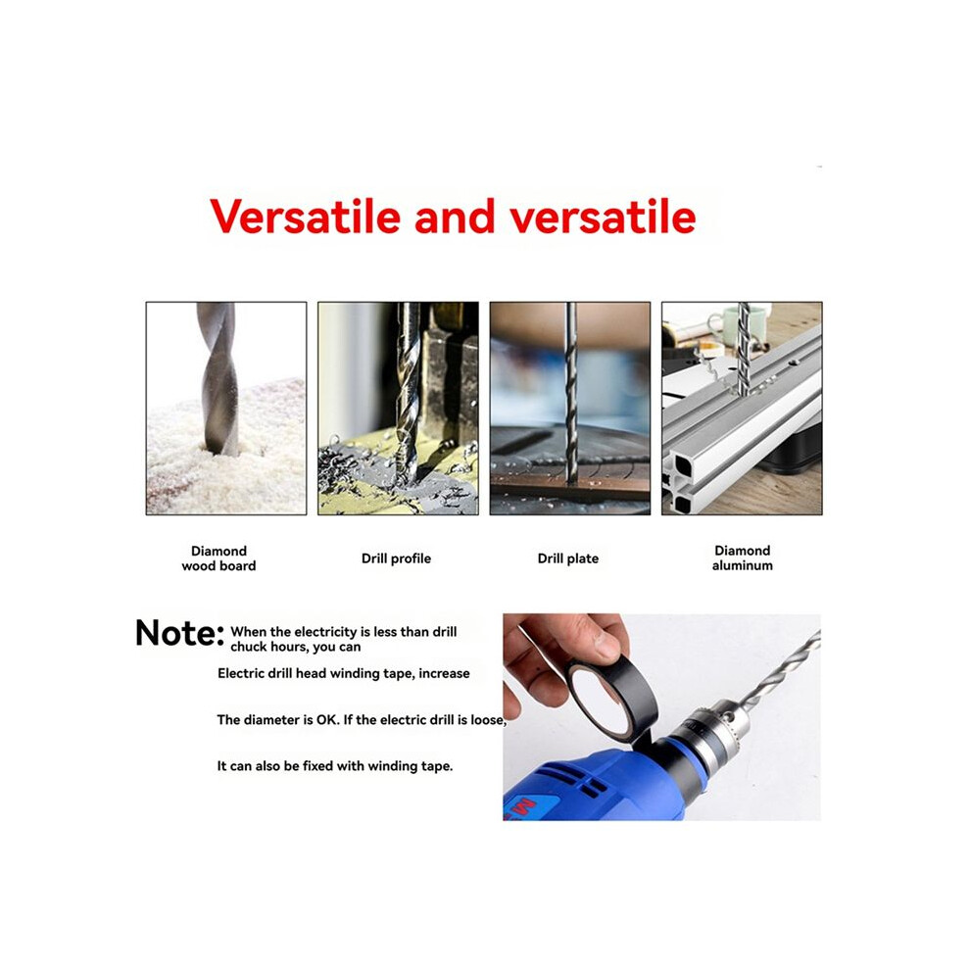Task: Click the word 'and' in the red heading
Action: pyautogui.click(x=455, y=218)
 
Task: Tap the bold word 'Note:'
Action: pyautogui.click(x=179, y=633)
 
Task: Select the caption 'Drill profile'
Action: pyautogui.click(x=396, y=558)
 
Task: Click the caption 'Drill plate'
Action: pyautogui.click(x=568, y=558)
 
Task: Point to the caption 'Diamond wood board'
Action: pyautogui.click(x=218, y=558)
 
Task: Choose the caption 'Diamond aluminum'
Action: pyautogui.click(x=743, y=558)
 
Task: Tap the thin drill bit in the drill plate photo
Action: pyautogui.click(x=570, y=393)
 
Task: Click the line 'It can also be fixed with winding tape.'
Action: pyautogui.click(x=335, y=766)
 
